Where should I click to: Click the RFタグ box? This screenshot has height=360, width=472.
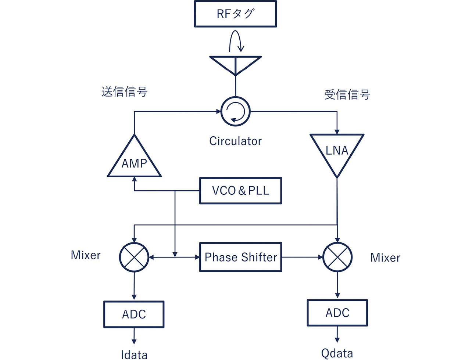pyautogui.click(x=235, y=14)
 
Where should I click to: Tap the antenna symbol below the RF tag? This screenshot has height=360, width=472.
pyautogui.click(x=235, y=64)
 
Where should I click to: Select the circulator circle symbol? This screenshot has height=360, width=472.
pyautogui.click(x=236, y=111)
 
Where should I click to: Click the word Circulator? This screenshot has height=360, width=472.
pyautogui.click(x=235, y=141)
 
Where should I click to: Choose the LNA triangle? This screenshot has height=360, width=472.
pyautogui.click(x=337, y=152)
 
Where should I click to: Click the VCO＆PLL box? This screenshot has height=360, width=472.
pyautogui.click(x=240, y=191)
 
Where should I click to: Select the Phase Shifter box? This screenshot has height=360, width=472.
pyautogui.click(x=240, y=257)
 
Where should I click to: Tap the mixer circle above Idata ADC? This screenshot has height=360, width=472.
pyautogui.click(x=134, y=257)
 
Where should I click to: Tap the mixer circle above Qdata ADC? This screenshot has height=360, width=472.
pyautogui.click(x=337, y=257)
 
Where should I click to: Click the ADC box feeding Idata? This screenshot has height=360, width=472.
pyautogui.click(x=134, y=314)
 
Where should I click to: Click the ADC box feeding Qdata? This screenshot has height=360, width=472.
pyautogui.click(x=337, y=313)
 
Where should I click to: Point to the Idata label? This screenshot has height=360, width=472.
pyautogui.click(x=134, y=354)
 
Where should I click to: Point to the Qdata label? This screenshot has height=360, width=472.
pyautogui.click(x=337, y=353)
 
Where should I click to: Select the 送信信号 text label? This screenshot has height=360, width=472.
pyautogui.click(x=124, y=91)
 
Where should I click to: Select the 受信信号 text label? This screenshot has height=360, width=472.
pyautogui.click(x=347, y=95)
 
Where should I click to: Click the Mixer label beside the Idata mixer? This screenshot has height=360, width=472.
pyautogui.click(x=86, y=255)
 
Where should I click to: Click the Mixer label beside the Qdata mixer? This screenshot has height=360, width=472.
pyautogui.click(x=385, y=258)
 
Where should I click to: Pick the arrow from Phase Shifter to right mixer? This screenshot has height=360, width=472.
pyautogui.click(x=302, y=257)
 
